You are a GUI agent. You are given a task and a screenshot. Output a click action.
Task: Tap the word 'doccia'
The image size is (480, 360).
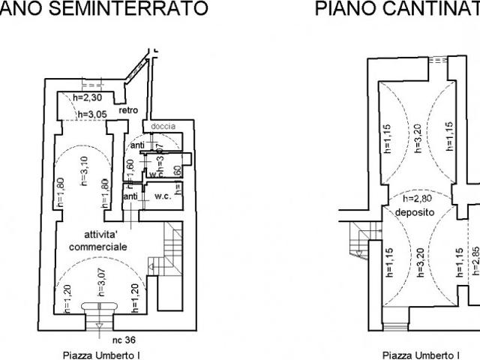163,126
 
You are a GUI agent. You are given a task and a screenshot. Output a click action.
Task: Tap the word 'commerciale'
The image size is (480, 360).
97,247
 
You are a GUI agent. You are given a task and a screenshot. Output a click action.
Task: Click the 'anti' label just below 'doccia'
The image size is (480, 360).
137,145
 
